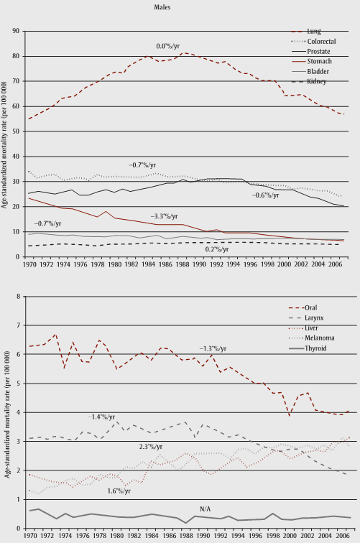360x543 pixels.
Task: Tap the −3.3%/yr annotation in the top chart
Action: [165, 215]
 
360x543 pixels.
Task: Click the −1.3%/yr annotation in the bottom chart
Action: [213, 348]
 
